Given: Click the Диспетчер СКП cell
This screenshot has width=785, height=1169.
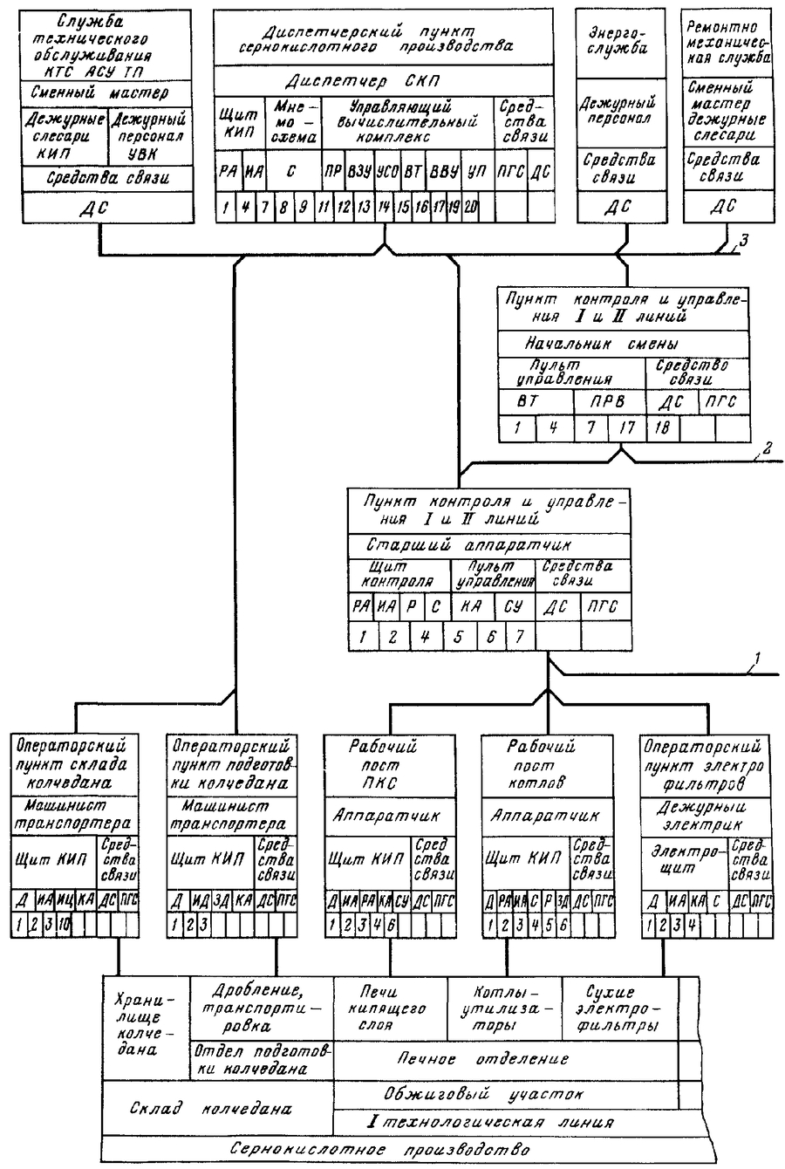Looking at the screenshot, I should point(383,81).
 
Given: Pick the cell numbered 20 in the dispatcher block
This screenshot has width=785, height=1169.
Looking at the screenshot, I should point(472,208).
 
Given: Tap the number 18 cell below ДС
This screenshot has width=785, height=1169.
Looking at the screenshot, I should point(662,429).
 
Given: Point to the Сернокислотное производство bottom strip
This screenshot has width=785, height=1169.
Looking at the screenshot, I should point(392,1149).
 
